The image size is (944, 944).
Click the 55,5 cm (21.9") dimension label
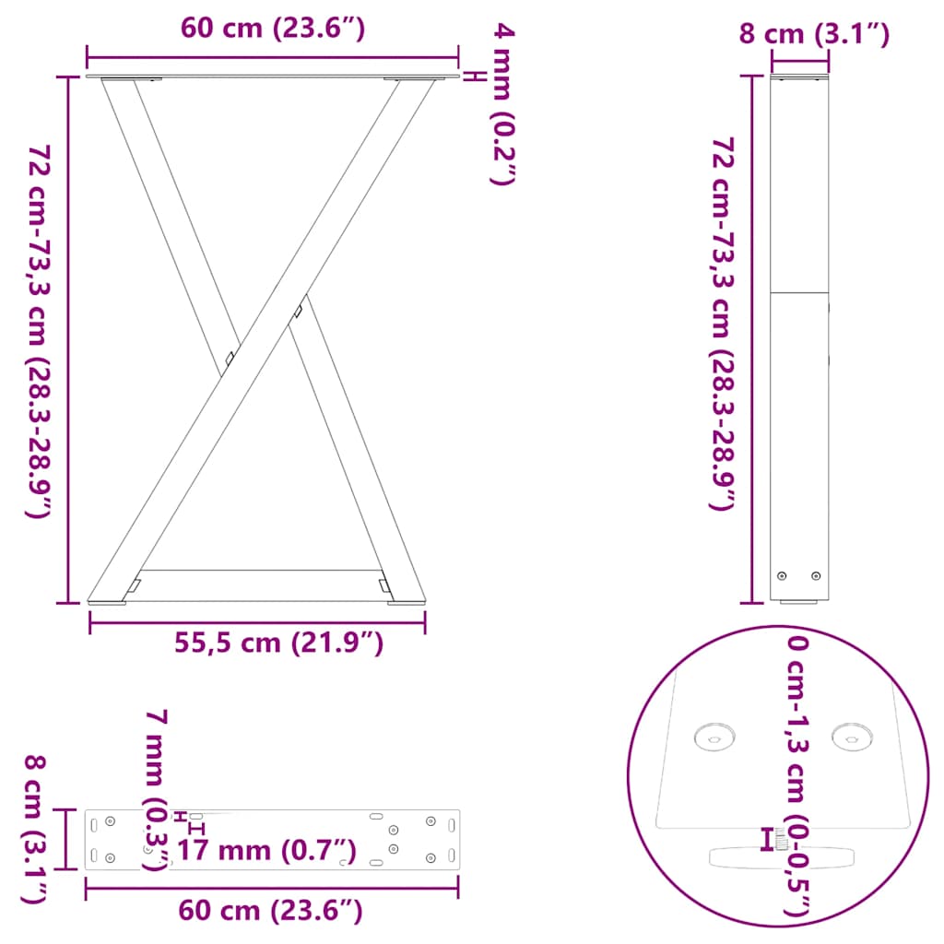(278, 643)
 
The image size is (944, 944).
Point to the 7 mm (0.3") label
(158, 789)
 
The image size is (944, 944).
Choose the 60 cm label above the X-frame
(273, 29)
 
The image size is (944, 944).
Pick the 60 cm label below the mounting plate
(270, 912)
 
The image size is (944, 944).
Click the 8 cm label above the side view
(814, 35)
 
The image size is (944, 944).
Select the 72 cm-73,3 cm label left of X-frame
(38, 331)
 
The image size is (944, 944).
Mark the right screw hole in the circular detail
(852, 736)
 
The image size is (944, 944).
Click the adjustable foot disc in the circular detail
(781, 855)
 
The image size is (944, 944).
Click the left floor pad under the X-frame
(108, 603)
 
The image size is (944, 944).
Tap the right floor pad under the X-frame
(406, 603)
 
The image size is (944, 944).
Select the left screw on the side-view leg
(783, 576)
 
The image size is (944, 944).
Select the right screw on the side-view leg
(815, 576)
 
